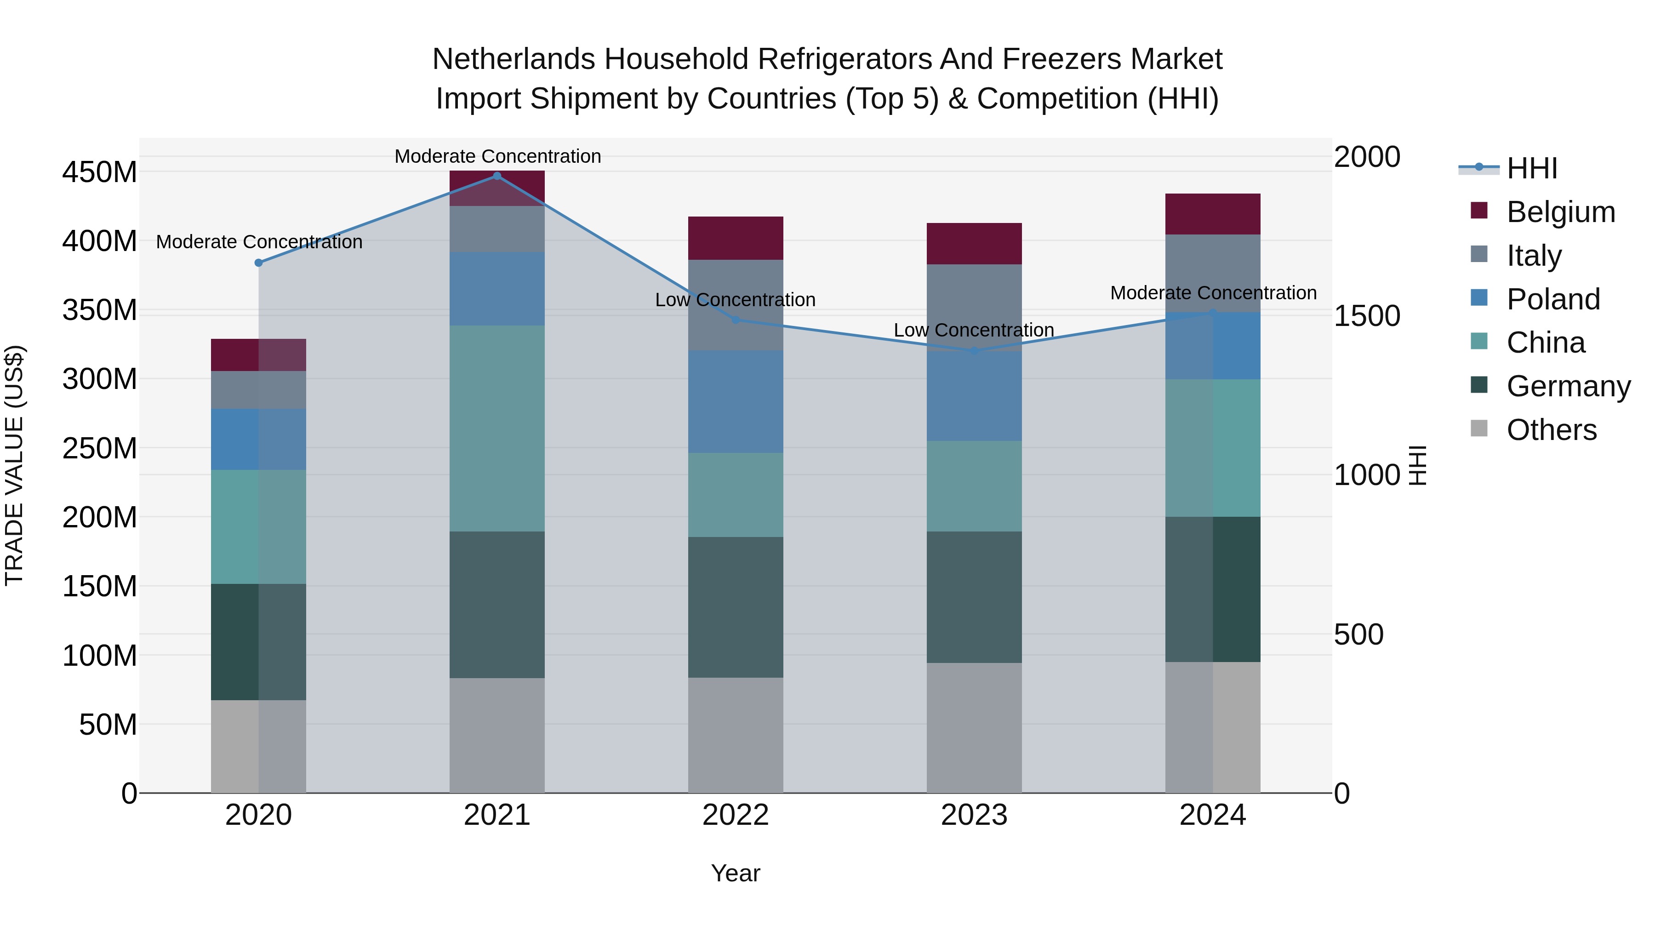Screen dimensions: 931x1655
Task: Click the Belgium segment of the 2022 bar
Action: point(736,238)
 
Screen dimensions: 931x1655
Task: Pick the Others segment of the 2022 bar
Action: point(736,735)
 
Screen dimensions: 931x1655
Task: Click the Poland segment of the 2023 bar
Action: point(974,396)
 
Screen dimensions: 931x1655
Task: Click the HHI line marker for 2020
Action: point(258,263)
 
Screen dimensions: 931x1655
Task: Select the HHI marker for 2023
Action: point(974,351)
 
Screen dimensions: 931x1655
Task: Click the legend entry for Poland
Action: point(1553,299)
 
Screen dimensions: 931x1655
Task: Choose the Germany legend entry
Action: point(1568,386)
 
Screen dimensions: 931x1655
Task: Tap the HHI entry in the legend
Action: point(1532,168)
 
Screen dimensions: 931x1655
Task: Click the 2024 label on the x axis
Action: point(1212,815)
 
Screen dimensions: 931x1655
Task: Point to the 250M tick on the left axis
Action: point(100,448)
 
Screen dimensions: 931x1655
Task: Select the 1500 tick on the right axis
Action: point(1367,316)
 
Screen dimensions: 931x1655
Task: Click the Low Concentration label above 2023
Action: point(974,330)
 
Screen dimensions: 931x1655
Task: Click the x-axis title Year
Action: point(736,873)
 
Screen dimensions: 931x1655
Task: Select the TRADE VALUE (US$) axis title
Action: point(14,465)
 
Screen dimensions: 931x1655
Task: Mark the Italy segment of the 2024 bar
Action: point(1212,273)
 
